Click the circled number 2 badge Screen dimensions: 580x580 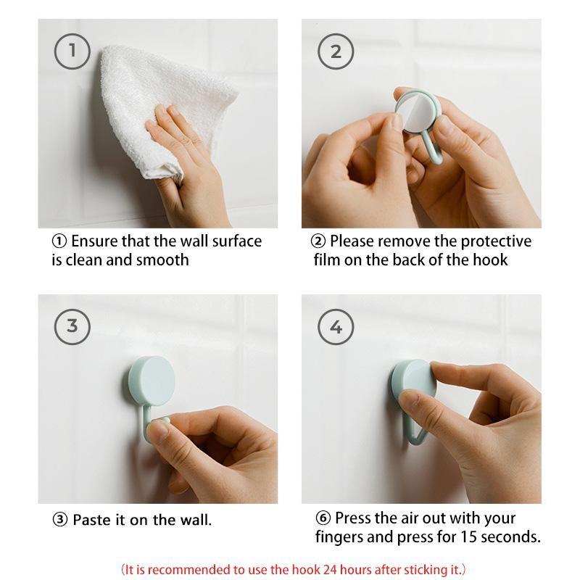click(336, 51)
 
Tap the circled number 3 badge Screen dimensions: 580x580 click(72, 326)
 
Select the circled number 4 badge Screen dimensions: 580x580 click(336, 326)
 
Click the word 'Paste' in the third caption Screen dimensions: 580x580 click(93, 520)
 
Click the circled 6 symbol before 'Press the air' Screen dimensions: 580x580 click(323, 518)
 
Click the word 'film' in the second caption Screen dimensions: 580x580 click(330, 260)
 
